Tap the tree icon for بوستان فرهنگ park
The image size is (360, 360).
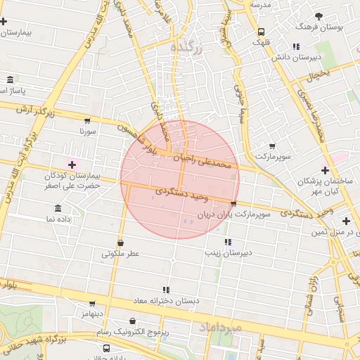[319, 15]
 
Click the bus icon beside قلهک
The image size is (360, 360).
[261, 32]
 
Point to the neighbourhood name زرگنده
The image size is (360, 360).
[186, 46]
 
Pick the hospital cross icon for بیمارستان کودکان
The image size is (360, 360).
[72, 164]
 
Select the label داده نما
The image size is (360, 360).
[59, 219]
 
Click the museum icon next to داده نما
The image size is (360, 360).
[58, 208]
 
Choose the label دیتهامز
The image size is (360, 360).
[91, 312]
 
